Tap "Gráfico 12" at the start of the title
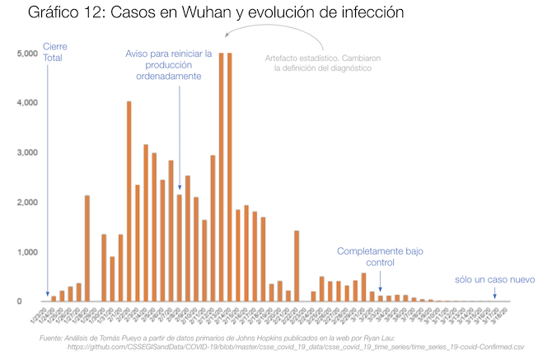66,15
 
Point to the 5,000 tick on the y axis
26,54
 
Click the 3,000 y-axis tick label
26,152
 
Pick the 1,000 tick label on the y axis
26,252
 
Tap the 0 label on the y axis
34,302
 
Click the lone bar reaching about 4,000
129,201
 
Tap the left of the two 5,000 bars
222,177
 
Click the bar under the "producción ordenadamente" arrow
180,247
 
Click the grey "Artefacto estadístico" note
318,63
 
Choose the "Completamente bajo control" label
381,257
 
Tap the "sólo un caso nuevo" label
494,280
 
